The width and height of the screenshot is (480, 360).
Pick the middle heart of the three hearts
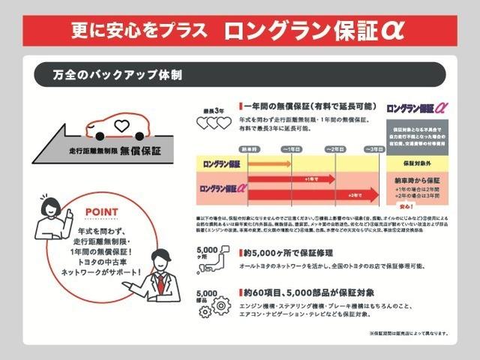pos(213,122)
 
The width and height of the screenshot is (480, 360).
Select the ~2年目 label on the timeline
pos(334,149)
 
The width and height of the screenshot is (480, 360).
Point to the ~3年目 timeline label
pos(373,149)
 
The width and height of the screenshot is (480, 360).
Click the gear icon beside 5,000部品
pos(220,306)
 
